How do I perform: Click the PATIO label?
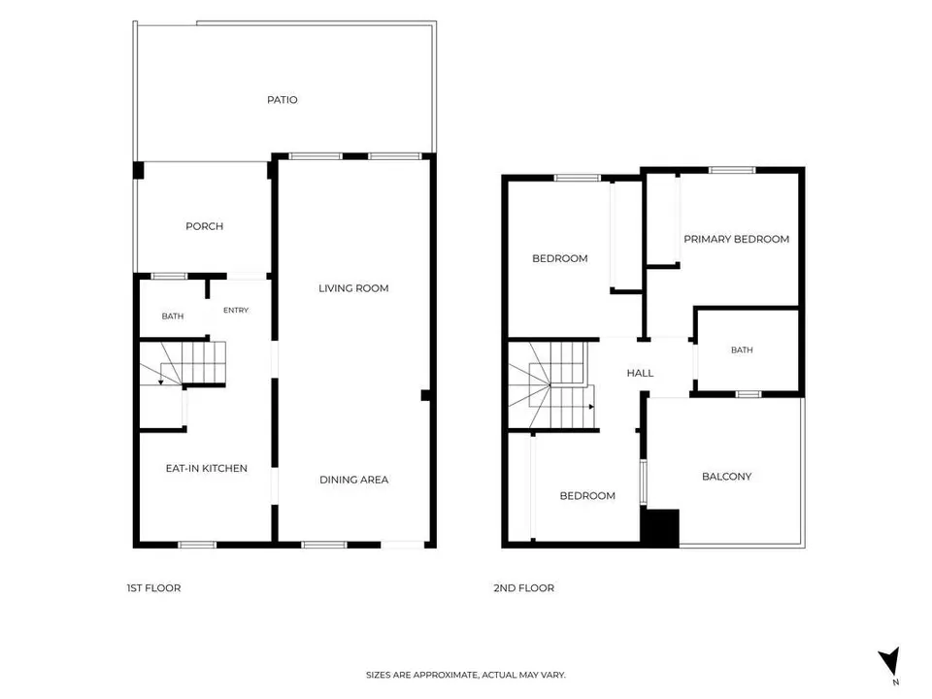(282, 100)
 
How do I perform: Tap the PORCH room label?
(205, 226)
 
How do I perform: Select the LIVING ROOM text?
(353, 288)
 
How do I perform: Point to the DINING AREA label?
(353, 480)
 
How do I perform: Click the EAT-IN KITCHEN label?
(206, 468)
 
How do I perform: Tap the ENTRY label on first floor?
(236, 311)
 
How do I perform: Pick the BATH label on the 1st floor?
(173, 316)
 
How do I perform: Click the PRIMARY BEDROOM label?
(737, 239)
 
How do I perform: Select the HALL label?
(640, 373)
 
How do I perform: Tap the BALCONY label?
(726, 477)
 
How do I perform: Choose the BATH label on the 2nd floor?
(742, 350)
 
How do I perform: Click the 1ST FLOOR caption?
(153, 588)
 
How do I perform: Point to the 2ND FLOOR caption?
(523, 588)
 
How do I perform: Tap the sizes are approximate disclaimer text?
(466, 675)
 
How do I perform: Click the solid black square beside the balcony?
(660, 528)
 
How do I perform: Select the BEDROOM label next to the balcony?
(587, 496)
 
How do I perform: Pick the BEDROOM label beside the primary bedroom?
(560, 258)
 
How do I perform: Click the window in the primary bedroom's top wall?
(732, 171)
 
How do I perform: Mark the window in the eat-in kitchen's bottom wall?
(197, 545)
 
